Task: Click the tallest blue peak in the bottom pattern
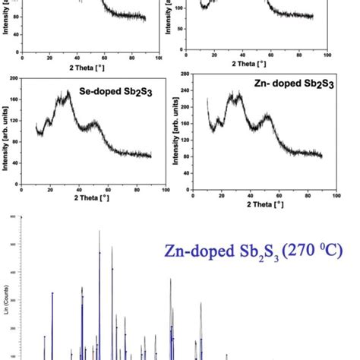[x=99, y=252]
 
